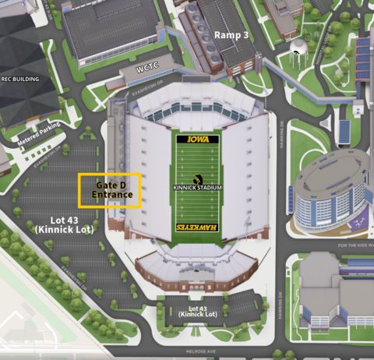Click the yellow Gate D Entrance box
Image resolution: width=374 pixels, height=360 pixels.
point(110,189)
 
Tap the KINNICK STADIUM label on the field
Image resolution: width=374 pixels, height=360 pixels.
point(197,189)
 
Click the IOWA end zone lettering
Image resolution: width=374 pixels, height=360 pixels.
point(198,139)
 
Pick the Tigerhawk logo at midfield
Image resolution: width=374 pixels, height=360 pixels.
point(197,178)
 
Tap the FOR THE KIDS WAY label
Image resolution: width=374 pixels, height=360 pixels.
point(355,245)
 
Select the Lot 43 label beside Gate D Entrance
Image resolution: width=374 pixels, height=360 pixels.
point(56,224)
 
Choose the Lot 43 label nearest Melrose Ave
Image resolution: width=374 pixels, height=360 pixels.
point(197,310)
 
